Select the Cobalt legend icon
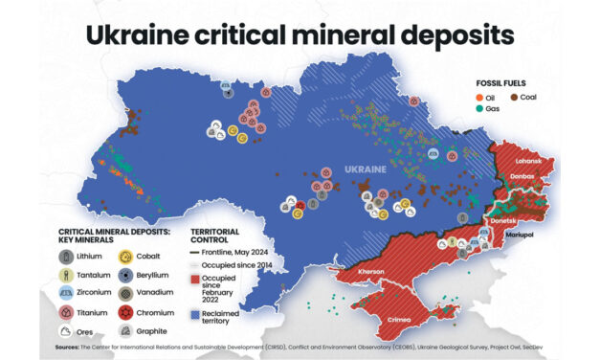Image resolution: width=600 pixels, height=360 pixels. point(125,257)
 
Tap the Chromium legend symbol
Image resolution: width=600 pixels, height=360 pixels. point(125,312)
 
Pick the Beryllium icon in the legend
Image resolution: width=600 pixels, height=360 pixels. point(125,275)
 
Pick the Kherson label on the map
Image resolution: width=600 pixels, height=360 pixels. point(371,272)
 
